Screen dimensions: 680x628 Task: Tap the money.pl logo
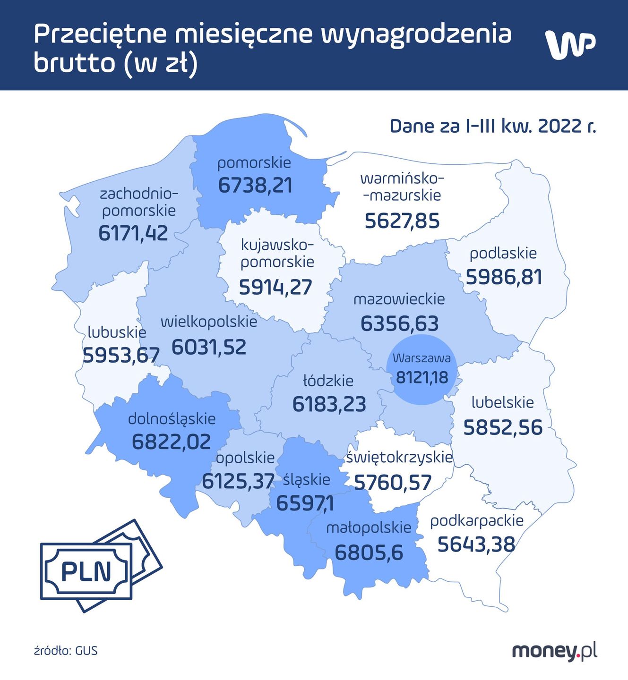554,651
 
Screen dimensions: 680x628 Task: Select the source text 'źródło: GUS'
66,651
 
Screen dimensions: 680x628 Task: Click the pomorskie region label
254,163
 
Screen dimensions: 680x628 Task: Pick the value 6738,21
255,186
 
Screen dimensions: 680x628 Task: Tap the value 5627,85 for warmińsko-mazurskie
402,221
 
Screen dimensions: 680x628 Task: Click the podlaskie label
503,254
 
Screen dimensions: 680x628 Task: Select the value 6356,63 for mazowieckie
399,323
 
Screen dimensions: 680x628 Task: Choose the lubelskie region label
503,403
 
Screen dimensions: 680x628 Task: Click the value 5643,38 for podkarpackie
476,544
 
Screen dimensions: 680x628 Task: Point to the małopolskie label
369,528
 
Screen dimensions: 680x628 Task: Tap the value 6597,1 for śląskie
305,503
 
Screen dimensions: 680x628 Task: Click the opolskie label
245,458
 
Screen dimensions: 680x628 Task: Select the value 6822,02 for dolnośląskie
171,442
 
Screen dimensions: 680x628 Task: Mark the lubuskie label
117,332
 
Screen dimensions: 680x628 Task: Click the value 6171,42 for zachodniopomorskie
133,233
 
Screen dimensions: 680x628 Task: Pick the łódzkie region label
328,381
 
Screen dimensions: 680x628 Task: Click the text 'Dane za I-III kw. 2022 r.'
493,127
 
